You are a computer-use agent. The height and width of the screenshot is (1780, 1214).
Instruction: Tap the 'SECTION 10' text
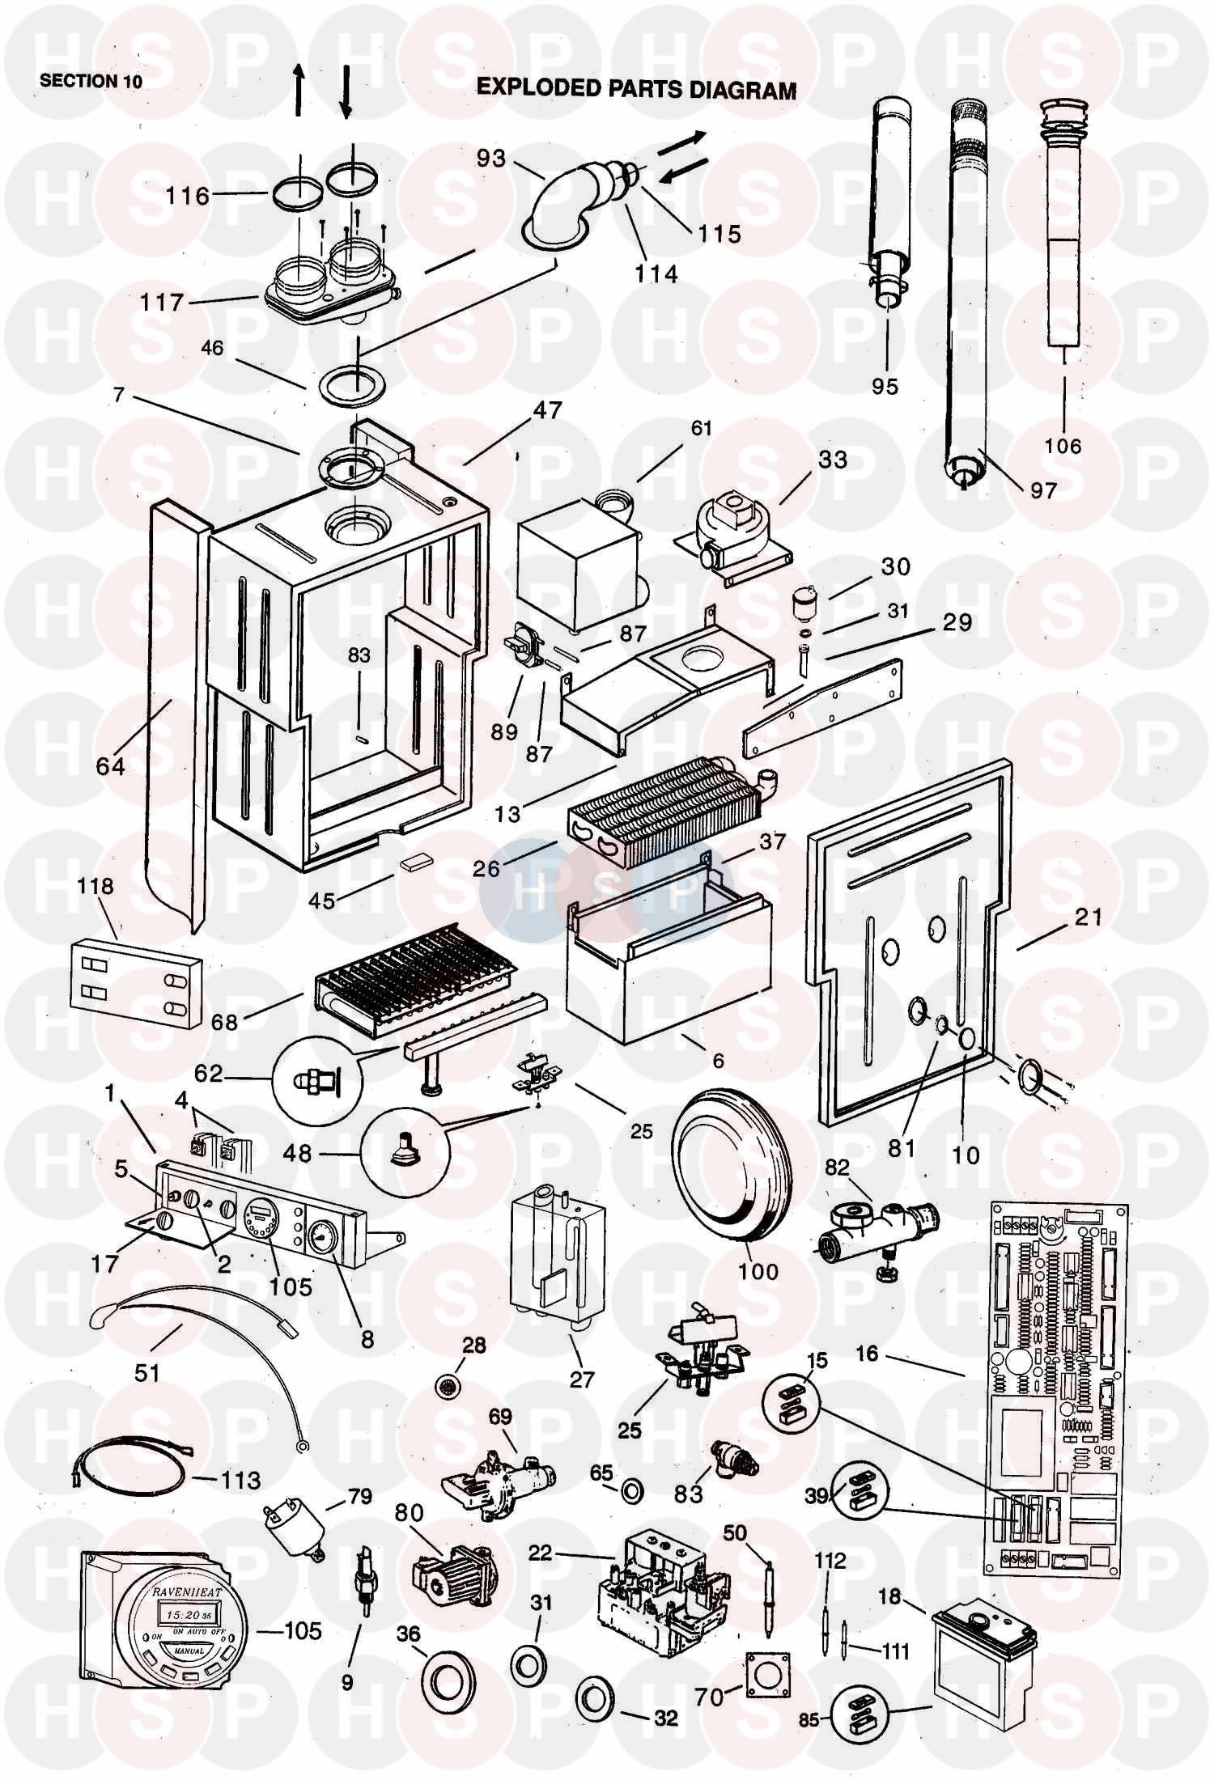click(x=91, y=82)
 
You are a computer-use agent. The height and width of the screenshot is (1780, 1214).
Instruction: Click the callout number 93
click(x=490, y=157)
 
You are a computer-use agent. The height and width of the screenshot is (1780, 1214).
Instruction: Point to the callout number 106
click(x=1063, y=446)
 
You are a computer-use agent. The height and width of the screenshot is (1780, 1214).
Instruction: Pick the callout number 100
click(x=758, y=1270)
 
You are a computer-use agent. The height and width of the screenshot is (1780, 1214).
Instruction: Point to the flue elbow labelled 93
click(x=567, y=202)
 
